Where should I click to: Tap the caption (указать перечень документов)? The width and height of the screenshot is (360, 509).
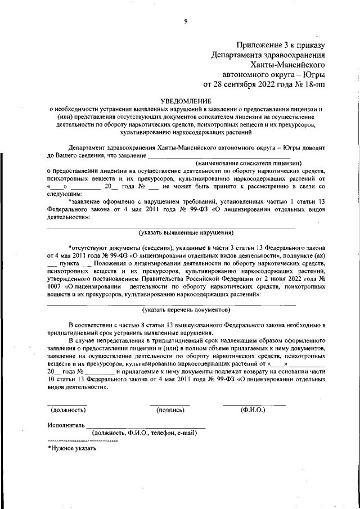[186, 309]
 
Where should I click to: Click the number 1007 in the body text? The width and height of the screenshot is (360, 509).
[55, 286]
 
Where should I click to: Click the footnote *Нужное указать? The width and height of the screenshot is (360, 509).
[72, 448]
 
